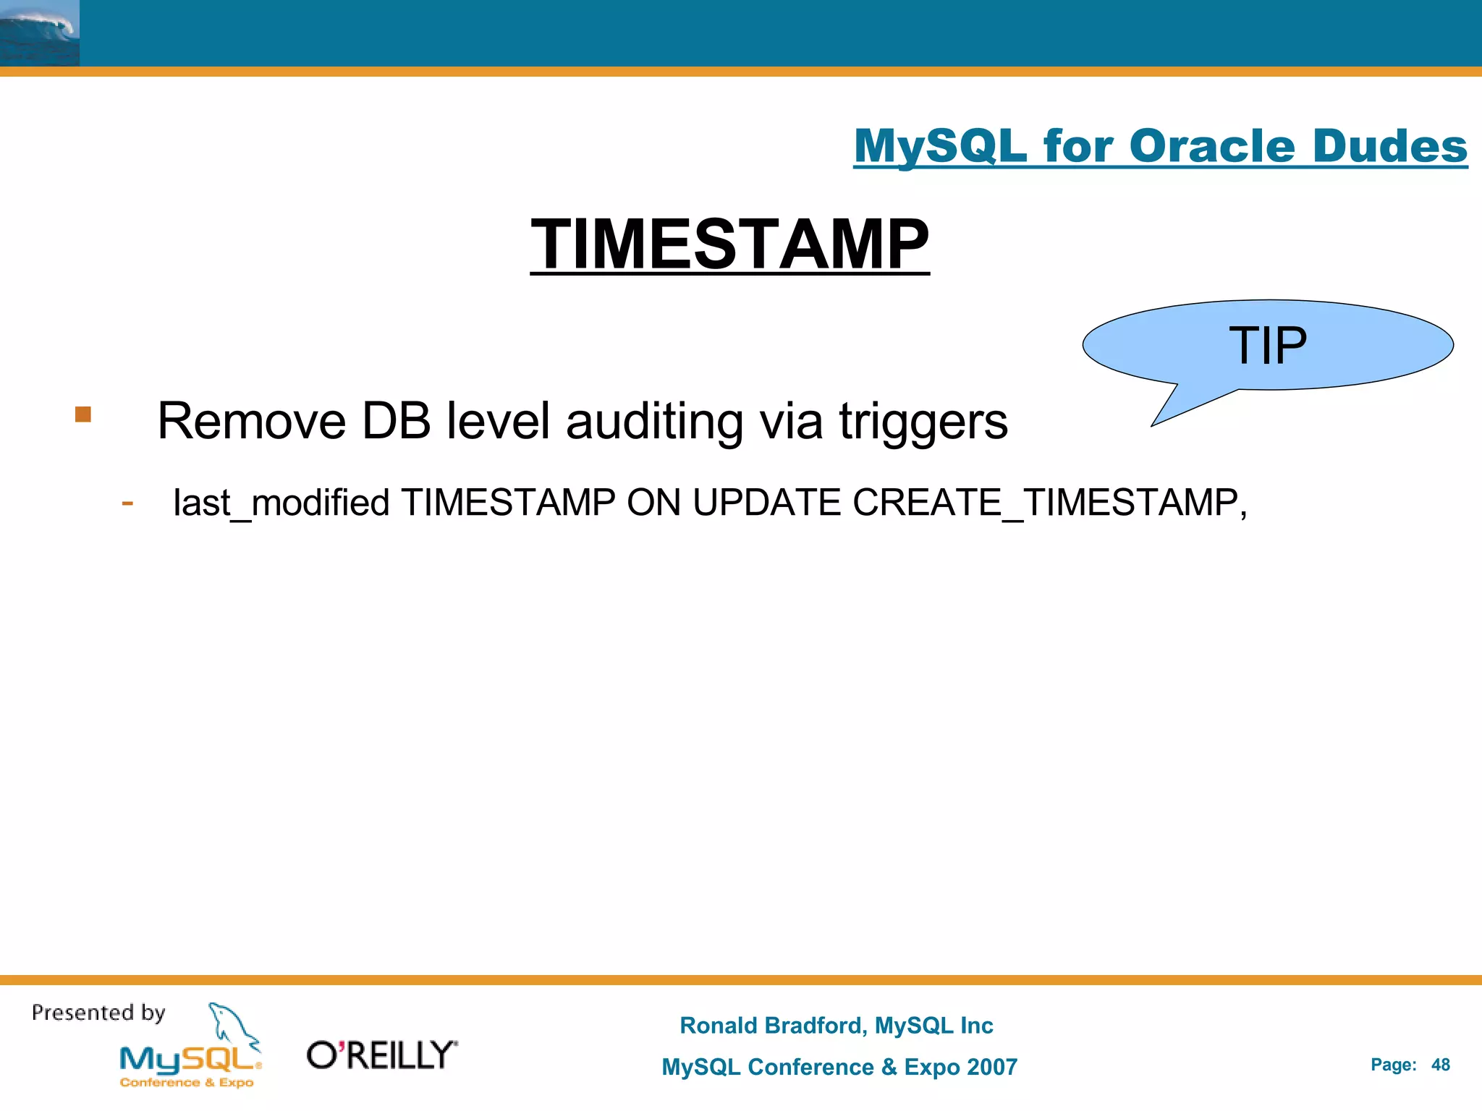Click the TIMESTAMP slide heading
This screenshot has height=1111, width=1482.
click(729, 244)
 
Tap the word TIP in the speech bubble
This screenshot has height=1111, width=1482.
click(1268, 345)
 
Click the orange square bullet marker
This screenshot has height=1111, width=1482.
click(83, 414)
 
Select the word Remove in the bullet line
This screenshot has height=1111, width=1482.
click(251, 421)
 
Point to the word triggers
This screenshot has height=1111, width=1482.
click(923, 421)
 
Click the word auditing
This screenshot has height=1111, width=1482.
click(654, 421)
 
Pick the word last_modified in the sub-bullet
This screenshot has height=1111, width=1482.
click(281, 503)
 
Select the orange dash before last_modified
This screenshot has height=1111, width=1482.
click(127, 503)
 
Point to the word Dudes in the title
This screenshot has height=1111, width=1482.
click(1389, 146)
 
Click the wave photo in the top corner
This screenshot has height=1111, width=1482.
click(39, 33)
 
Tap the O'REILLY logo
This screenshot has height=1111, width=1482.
click(381, 1055)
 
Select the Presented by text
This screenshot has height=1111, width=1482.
click(98, 1013)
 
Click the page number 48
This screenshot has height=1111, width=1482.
click(1440, 1065)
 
